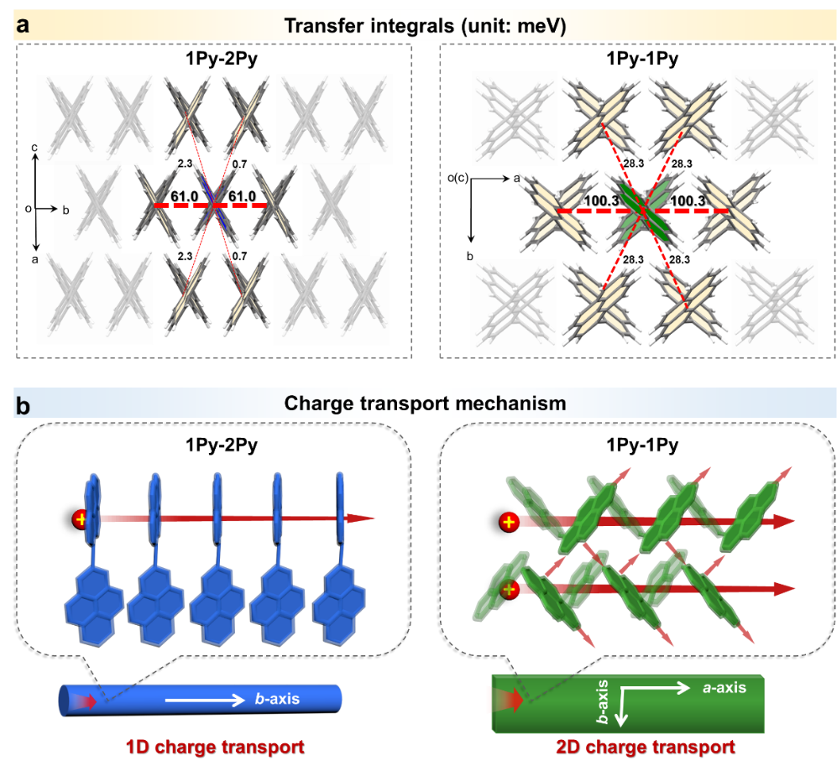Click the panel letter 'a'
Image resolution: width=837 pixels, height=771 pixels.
click(x=23, y=24)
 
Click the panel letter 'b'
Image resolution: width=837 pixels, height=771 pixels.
click(x=24, y=407)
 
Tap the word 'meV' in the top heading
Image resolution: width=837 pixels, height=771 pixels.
click(x=542, y=26)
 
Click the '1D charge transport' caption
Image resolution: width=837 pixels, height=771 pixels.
click(x=215, y=745)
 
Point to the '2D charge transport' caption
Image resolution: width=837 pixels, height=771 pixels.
click(x=645, y=746)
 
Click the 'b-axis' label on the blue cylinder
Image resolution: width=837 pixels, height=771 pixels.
click(x=277, y=698)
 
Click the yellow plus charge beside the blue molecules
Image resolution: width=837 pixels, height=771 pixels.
click(x=81, y=518)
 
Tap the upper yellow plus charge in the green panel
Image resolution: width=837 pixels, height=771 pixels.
click(x=507, y=523)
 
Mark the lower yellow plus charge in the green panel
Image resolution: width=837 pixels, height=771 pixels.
click(x=509, y=591)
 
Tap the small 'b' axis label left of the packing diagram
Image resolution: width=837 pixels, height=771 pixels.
click(x=65, y=210)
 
